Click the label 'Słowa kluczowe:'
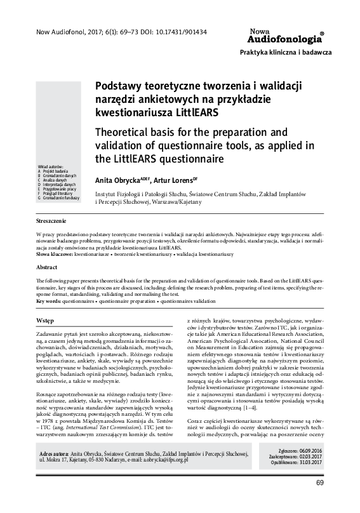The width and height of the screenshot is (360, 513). [55, 253]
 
